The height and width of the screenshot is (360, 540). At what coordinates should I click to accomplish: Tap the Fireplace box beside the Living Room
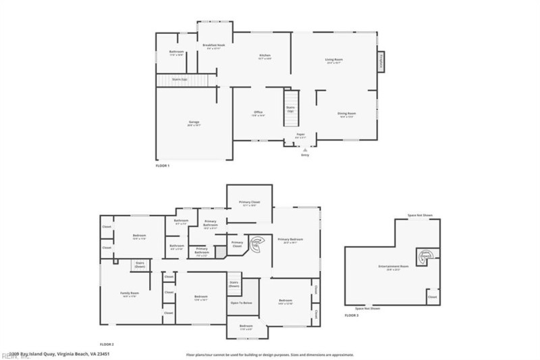[x=381, y=61]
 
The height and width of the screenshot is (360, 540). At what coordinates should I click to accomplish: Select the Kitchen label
[x=265, y=57]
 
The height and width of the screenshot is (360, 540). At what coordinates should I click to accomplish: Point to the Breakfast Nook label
[x=213, y=46]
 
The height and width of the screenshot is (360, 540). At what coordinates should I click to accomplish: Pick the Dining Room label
[x=347, y=114]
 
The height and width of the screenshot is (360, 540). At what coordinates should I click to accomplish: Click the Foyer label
[x=300, y=135]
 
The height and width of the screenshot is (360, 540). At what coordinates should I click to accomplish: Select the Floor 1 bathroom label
[x=177, y=53]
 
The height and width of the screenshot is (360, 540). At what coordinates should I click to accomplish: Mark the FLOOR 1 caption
[x=163, y=165]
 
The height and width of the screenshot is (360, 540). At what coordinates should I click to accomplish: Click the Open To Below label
[x=241, y=303]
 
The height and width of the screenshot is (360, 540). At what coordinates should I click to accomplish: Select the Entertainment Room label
[x=394, y=267]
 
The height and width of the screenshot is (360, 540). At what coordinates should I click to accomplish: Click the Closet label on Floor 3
[x=432, y=296]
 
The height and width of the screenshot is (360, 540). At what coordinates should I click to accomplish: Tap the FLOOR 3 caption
[x=352, y=315]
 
